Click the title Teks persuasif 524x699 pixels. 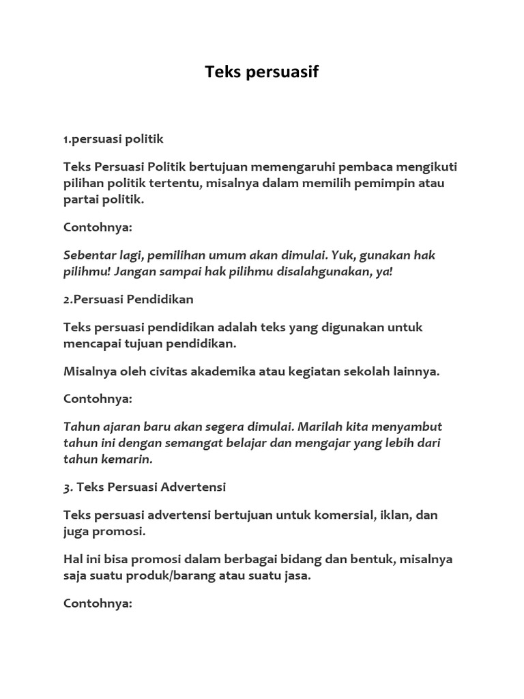coord(262,72)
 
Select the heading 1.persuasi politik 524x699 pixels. coord(113,139)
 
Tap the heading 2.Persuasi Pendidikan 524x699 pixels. coord(128,299)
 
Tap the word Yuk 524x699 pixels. coord(343,255)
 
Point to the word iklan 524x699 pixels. coord(393,515)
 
